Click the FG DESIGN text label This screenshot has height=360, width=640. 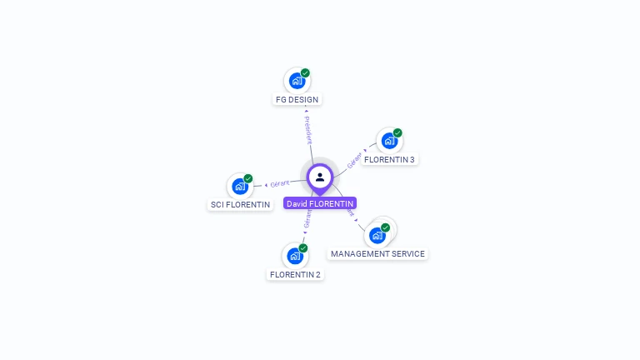click(297, 99)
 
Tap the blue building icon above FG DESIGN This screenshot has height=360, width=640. click(296, 81)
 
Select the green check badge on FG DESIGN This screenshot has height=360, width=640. click(305, 73)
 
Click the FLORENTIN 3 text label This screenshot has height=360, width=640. click(389, 159)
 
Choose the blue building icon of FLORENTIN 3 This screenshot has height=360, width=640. click(388, 141)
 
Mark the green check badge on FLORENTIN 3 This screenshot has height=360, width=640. click(397, 133)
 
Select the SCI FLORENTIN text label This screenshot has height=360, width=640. click(240, 204)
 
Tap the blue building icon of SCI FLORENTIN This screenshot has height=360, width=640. click(239, 186)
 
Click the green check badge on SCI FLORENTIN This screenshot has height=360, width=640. click(248, 178)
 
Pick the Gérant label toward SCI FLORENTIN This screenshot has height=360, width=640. click(280, 183)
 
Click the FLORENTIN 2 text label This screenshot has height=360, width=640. click(295, 274)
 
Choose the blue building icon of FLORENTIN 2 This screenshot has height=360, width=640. click(294, 256)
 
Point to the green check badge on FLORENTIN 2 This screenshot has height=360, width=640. click(303, 248)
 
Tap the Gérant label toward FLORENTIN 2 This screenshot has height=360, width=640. click(307, 219)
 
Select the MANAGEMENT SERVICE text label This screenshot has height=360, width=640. click(377, 253)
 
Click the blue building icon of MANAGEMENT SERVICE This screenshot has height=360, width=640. click(377, 235)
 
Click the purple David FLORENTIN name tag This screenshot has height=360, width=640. click(320, 203)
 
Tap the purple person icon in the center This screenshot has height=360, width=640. click(320, 177)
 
